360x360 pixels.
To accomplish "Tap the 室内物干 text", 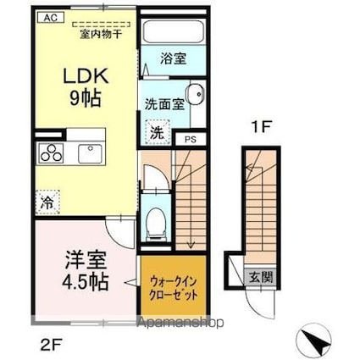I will coord(98,33).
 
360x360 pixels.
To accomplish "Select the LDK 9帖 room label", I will coord(85,86).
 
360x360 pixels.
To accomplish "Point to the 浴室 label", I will coord(174,62).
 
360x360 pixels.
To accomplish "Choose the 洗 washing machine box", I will coord(157,132).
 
